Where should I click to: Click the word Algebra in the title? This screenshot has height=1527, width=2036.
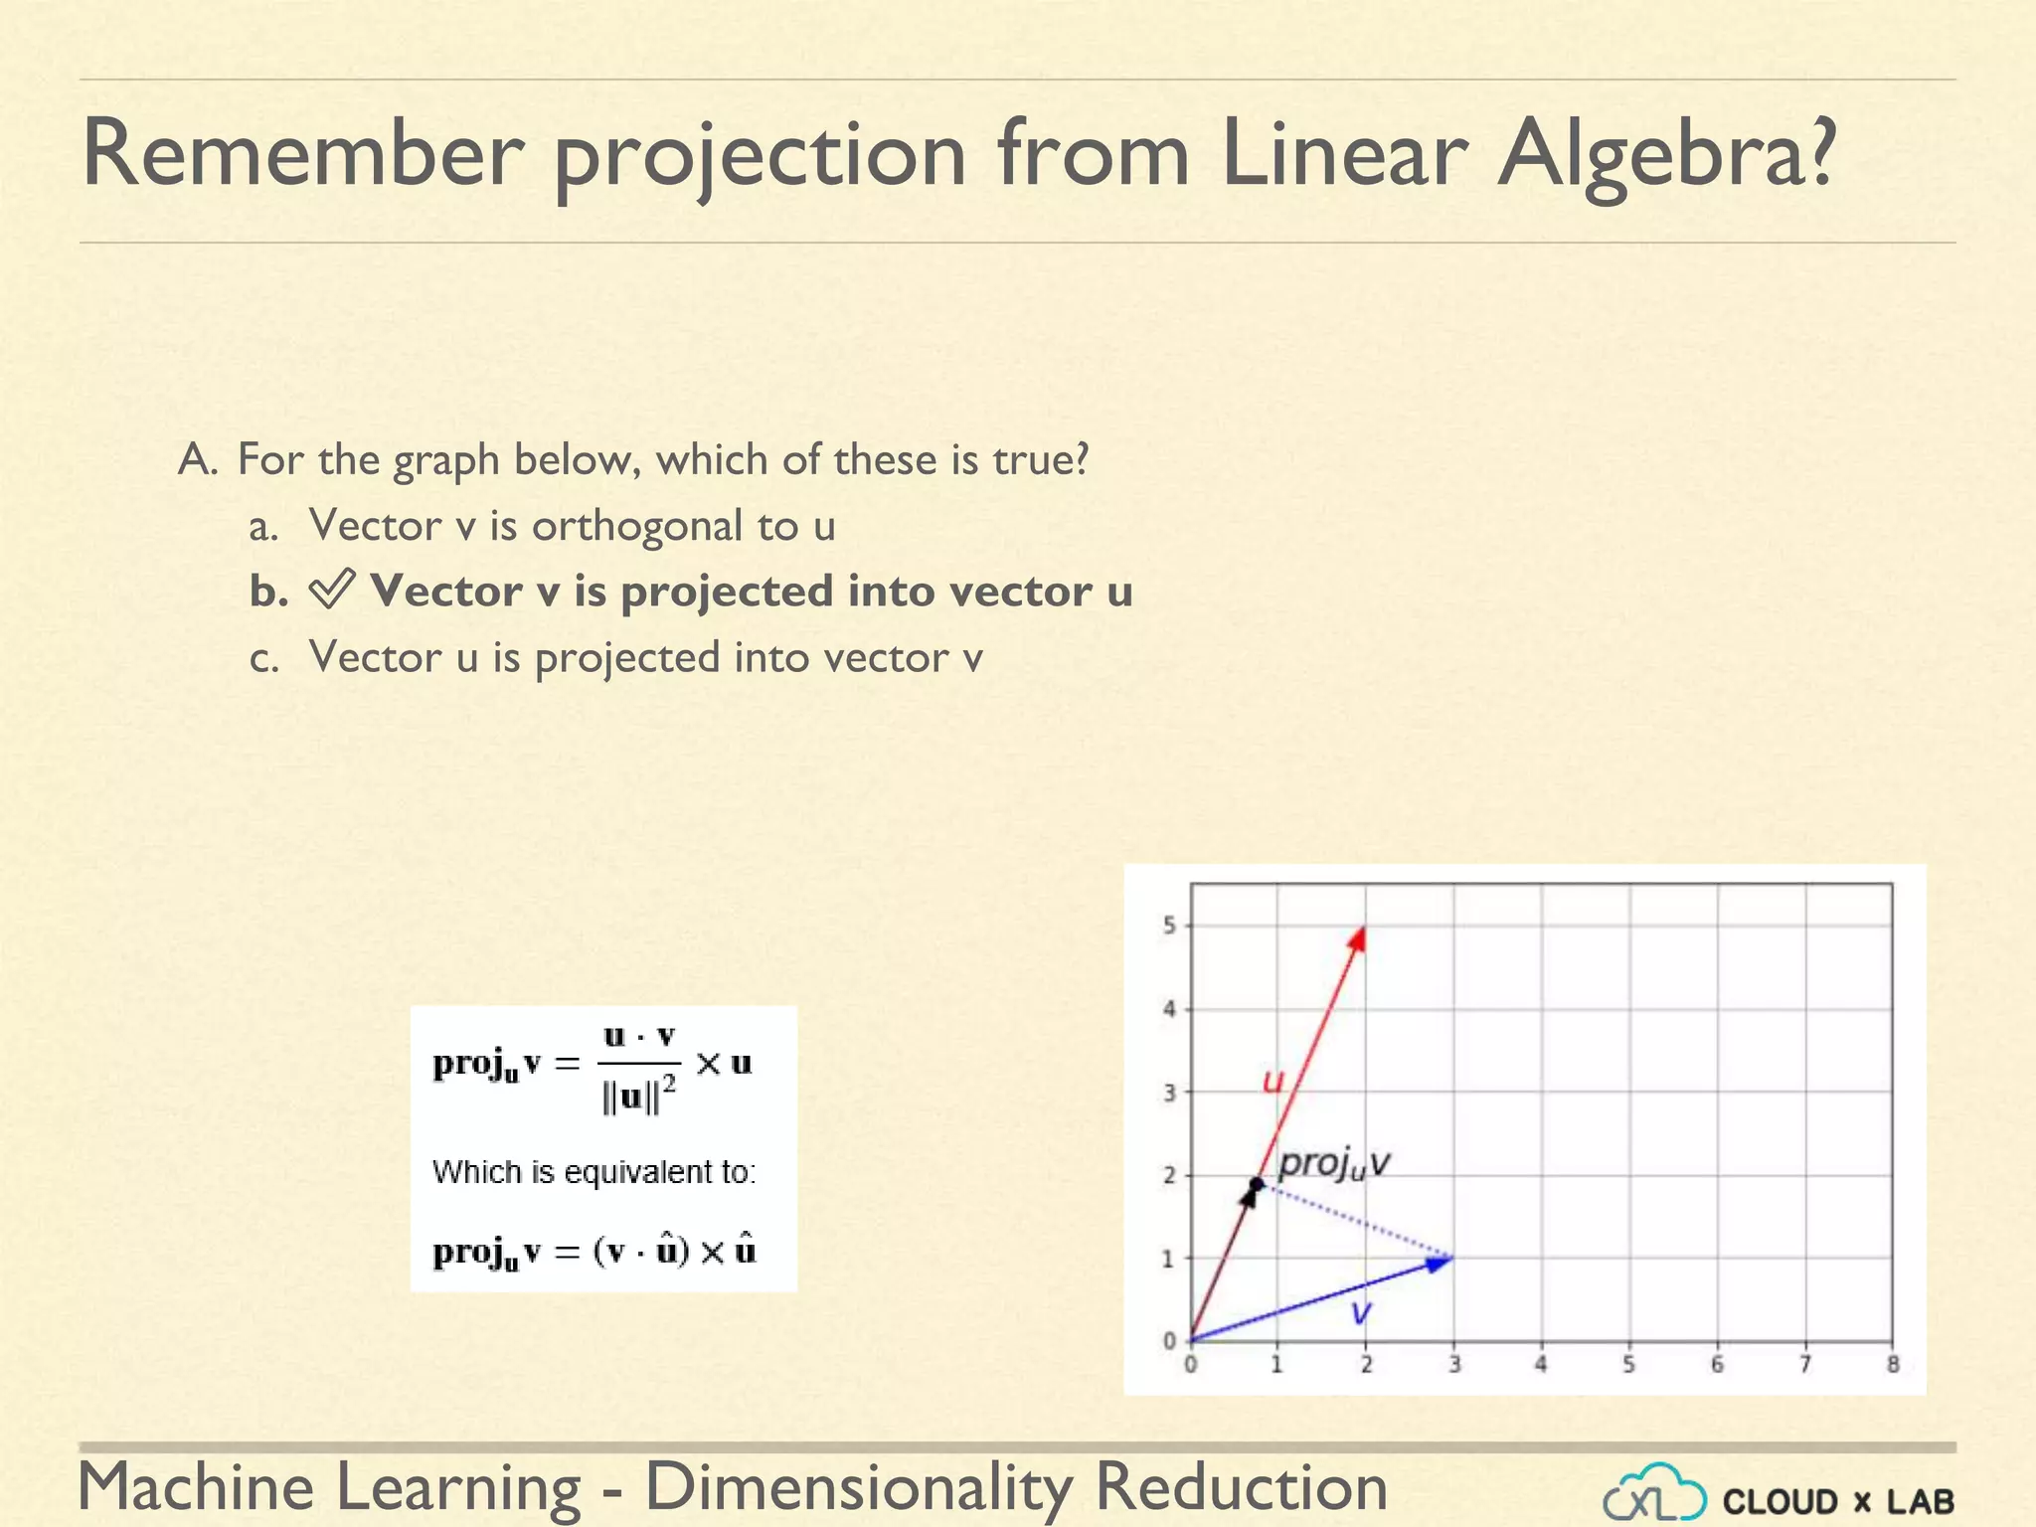[1667, 154]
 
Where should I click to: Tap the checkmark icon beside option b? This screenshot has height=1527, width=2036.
[330, 591]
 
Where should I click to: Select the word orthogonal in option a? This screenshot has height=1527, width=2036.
[636, 526]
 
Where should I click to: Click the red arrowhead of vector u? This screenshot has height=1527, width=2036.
[1358, 938]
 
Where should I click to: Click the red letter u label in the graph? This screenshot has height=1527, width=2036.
[1273, 1081]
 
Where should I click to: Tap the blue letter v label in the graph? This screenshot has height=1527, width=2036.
[1361, 1312]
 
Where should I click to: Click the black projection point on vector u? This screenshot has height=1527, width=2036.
[1257, 1184]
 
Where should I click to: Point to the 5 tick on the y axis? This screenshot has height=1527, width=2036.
[1170, 926]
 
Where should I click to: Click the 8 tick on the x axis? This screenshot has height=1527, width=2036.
[1893, 1365]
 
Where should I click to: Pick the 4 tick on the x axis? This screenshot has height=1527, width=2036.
[1541, 1365]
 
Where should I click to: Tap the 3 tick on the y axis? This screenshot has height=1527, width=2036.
[1170, 1093]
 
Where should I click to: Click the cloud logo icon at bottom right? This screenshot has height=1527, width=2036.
[1654, 1493]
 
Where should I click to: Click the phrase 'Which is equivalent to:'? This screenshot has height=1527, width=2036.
[594, 1172]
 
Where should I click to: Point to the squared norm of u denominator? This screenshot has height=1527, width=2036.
[638, 1098]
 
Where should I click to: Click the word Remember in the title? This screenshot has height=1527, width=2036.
[302, 154]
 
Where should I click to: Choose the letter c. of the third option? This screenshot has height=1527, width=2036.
[263, 659]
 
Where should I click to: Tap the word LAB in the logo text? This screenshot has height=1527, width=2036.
[1921, 1501]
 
